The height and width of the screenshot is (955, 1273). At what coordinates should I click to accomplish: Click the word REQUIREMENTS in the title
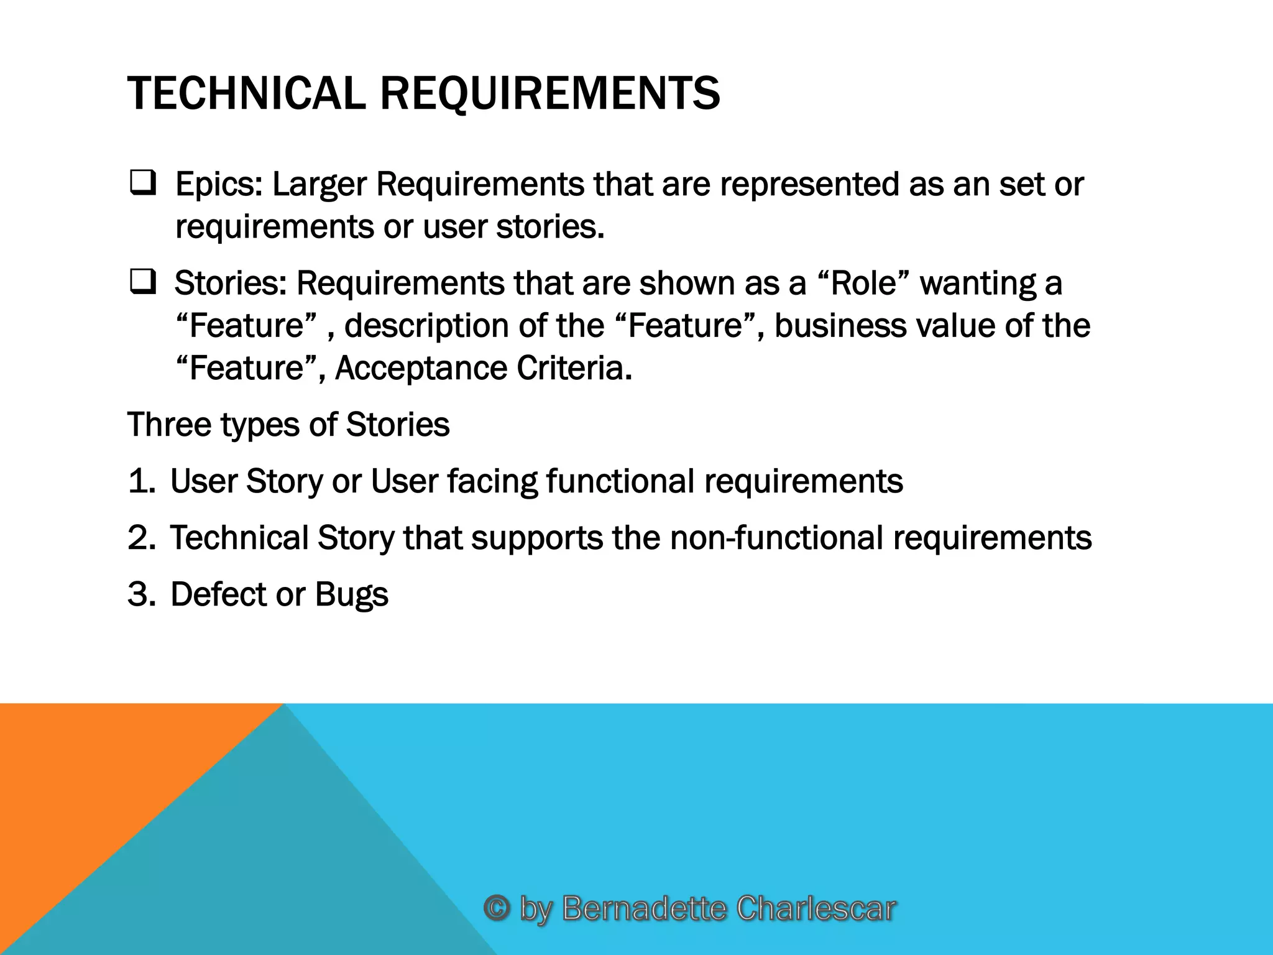pyautogui.click(x=549, y=93)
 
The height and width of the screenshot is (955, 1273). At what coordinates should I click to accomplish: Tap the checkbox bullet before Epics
pyautogui.click(x=142, y=184)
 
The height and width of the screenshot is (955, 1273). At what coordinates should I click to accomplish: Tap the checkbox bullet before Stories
pyautogui.click(x=142, y=283)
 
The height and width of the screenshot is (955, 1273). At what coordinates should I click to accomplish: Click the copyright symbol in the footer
pyautogui.click(x=497, y=908)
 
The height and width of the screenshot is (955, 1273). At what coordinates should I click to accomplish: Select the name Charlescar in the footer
pyautogui.click(x=816, y=908)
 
